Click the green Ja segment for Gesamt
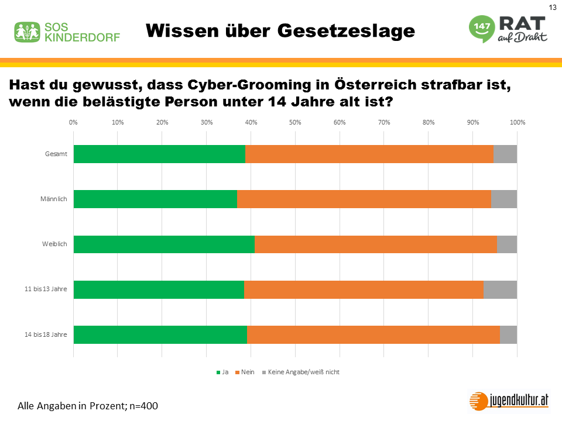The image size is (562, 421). [x=159, y=154]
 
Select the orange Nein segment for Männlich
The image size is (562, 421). [x=364, y=199]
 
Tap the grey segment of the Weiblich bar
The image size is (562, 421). [x=507, y=244]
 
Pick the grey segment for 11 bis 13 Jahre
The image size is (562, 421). [x=500, y=289]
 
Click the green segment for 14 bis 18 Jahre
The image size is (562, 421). [x=160, y=334]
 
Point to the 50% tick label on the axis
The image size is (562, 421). [x=295, y=122]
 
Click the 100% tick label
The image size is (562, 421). [x=518, y=122]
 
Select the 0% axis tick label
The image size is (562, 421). [x=73, y=122]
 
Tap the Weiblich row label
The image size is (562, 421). [x=55, y=244]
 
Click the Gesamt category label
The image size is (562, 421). [x=56, y=154]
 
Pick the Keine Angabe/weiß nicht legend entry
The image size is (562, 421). [x=300, y=372]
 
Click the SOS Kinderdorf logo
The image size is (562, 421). [x=67, y=32]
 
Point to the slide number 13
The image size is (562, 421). [x=552, y=7]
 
